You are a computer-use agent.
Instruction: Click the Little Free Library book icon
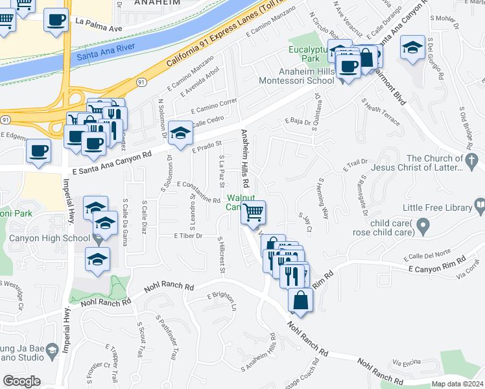click(480, 207)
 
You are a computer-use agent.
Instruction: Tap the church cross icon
click(473, 160)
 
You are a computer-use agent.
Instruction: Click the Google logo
click(21, 381)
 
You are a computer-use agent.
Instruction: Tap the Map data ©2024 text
click(457, 384)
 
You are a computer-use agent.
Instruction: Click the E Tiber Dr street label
click(189, 236)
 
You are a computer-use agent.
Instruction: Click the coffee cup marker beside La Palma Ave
click(56, 20)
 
